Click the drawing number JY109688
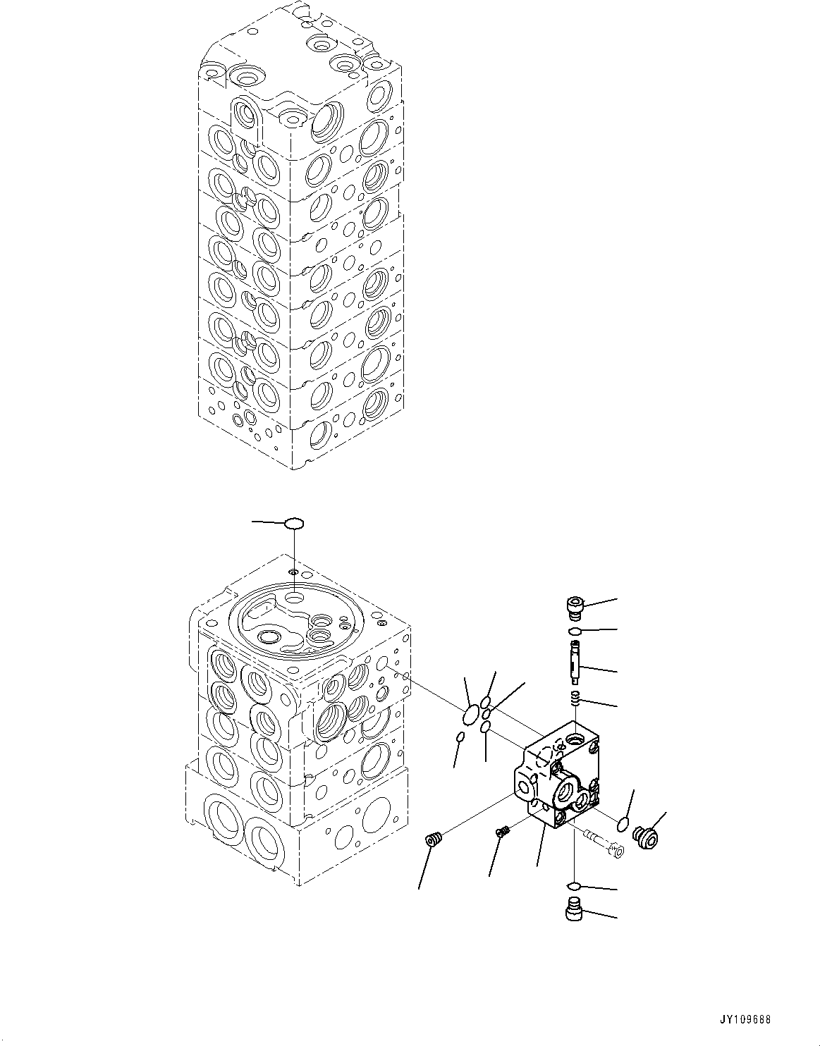coord(745,1020)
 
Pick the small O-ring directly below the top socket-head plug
coord(575,630)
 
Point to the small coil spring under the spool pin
coord(575,699)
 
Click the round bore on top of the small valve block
coord(576,741)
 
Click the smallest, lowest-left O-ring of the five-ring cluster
coord(460,737)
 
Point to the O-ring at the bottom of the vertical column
coord(575,886)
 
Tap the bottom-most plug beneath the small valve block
coord(575,910)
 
